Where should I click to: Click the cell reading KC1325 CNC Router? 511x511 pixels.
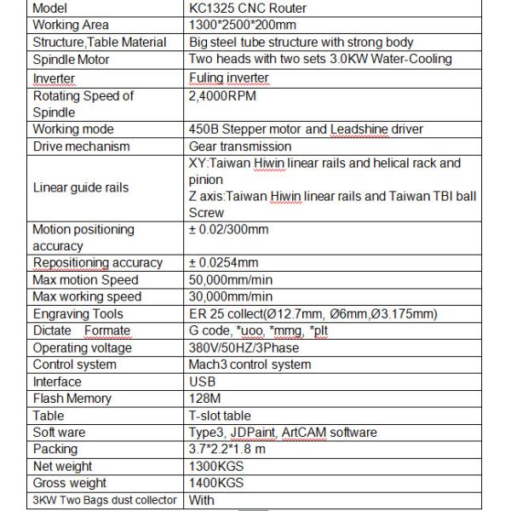point(247,9)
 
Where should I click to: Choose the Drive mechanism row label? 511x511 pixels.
point(81,146)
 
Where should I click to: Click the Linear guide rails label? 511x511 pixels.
point(81,187)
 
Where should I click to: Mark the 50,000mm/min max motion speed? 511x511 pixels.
point(230,280)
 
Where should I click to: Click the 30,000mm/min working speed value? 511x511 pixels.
point(230,297)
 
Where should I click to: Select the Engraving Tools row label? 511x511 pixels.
point(78,314)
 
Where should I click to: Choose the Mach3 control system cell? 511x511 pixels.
point(250,365)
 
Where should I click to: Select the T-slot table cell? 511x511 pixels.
point(220,416)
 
